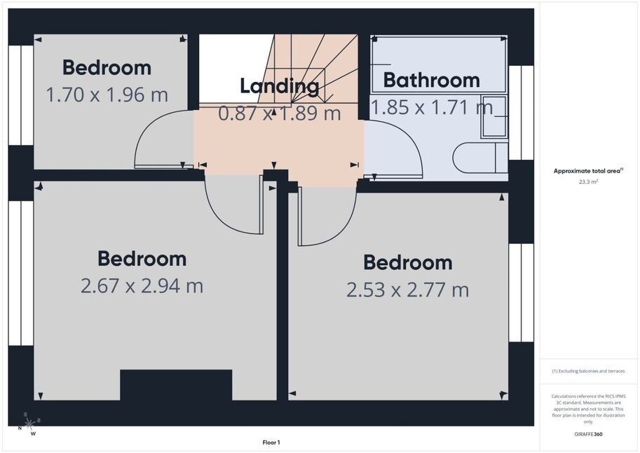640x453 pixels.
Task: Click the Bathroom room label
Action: click(x=431, y=80)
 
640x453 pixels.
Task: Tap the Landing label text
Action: click(x=280, y=86)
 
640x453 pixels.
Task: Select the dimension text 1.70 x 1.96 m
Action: click(x=107, y=95)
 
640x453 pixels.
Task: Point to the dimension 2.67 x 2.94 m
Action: click(x=142, y=285)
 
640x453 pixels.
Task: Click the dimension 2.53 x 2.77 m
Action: click(x=408, y=290)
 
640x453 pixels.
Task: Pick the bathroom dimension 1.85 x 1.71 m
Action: click(x=432, y=107)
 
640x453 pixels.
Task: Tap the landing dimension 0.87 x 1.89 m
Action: click(x=280, y=113)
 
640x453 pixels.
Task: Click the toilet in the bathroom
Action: click(x=480, y=158)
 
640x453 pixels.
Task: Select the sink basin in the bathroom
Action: click(x=494, y=116)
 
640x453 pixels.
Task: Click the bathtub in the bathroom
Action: click(x=439, y=64)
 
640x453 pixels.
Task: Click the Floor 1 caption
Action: click(x=271, y=442)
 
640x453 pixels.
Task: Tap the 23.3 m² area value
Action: click(x=588, y=182)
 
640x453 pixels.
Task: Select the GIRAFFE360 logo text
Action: click(x=588, y=434)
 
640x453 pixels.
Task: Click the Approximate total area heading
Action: click(x=588, y=171)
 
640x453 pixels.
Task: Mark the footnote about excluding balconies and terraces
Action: click(x=588, y=371)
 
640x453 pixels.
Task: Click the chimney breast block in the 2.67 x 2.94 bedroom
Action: click(x=176, y=385)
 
